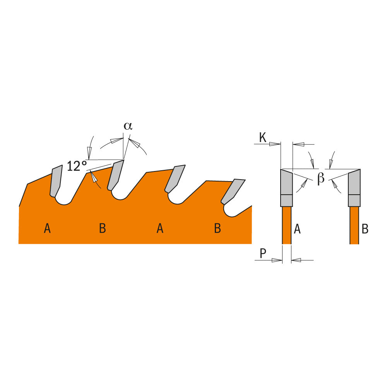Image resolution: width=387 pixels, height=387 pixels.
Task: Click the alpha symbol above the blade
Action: coord(128,126)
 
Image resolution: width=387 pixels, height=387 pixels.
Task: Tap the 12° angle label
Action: coord(77,166)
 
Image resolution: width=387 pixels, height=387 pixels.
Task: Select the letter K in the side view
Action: coord(263,138)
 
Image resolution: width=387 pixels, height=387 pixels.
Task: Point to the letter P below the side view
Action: coord(263,253)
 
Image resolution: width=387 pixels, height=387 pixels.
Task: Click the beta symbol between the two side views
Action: coord(320,179)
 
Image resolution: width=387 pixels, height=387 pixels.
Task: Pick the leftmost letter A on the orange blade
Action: coord(47,229)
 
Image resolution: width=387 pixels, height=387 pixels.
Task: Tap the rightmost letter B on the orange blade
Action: coord(217,229)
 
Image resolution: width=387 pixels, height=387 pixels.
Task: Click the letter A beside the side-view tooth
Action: coord(297,229)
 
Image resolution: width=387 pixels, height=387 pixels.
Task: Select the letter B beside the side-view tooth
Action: coord(365,229)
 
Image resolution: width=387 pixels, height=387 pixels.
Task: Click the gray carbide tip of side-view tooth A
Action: coord(286,184)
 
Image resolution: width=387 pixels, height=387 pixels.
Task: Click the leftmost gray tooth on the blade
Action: coord(56,180)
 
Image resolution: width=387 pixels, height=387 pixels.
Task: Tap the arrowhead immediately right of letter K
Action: coord(275,144)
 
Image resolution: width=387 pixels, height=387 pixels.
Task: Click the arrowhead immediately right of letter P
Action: coord(276,260)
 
